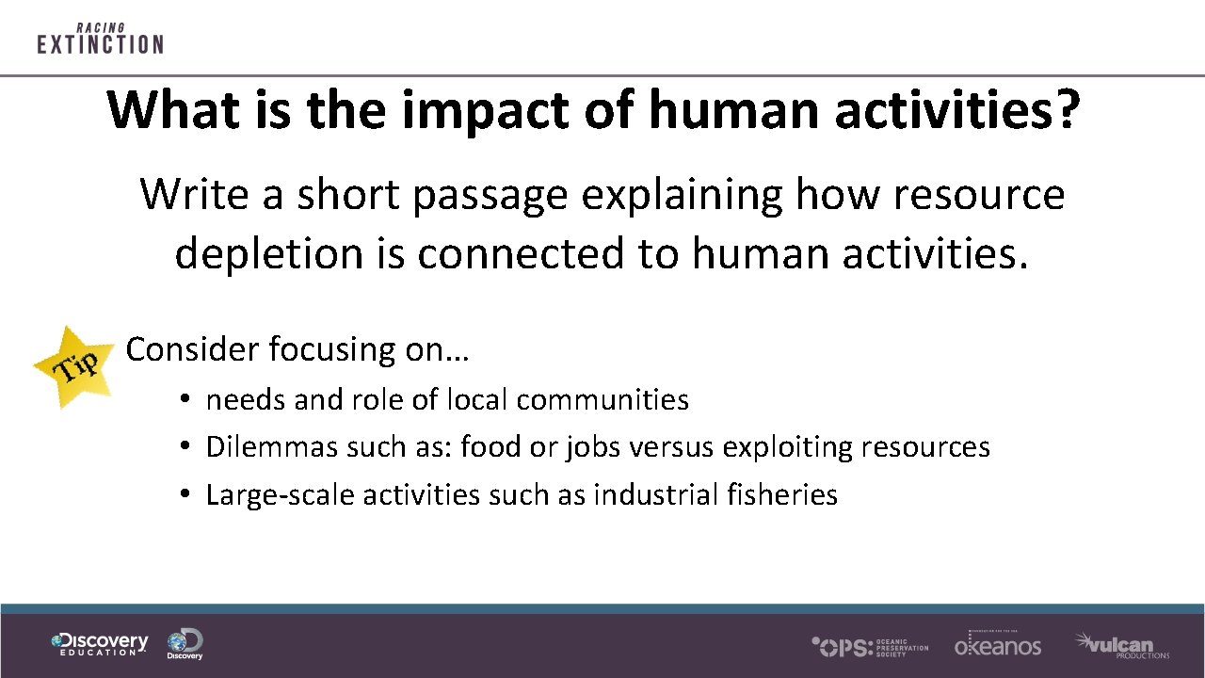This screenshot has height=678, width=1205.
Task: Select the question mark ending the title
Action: pos(1065,111)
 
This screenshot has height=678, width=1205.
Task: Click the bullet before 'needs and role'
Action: pos(188,400)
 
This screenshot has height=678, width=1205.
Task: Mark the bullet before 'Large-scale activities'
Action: pos(188,495)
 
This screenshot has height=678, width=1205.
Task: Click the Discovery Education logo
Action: pos(100,644)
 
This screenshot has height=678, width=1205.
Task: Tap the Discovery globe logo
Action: pos(185,644)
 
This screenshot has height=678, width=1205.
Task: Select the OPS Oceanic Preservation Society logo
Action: pos(870,646)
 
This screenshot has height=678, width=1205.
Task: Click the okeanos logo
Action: pos(998,644)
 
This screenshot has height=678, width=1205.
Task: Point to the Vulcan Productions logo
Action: pos(1122,645)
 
